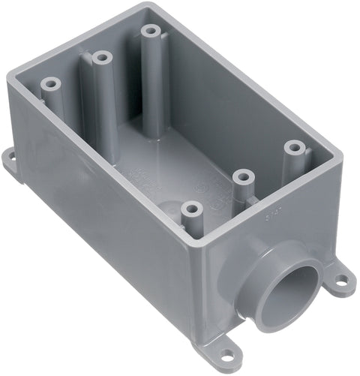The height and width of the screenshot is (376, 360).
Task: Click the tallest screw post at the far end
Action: click(x=153, y=34)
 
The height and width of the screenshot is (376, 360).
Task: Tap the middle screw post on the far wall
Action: click(x=99, y=58)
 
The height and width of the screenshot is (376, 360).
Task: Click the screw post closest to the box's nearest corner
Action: click(x=192, y=209)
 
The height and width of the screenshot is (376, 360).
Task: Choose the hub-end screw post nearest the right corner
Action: click(x=292, y=147)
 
